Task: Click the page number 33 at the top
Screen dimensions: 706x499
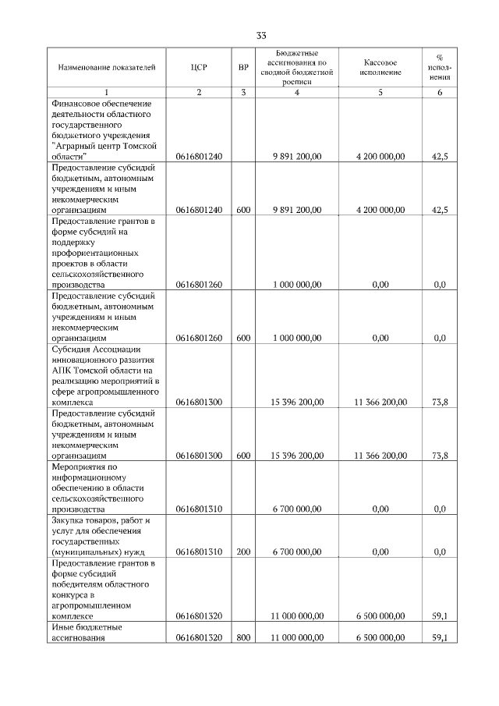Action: click(x=260, y=36)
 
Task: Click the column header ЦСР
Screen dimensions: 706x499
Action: click(x=199, y=68)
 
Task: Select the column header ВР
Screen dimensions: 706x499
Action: click(x=243, y=68)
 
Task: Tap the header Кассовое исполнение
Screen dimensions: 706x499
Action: click(x=380, y=68)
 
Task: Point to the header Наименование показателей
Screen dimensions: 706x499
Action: click(x=101, y=68)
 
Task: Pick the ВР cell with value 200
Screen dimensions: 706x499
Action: click(x=243, y=552)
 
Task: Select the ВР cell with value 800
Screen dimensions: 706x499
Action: click(x=243, y=637)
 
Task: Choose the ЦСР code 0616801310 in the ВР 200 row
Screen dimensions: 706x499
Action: click(x=199, y=552)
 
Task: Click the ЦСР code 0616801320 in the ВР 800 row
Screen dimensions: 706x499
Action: click(x=199, y=637)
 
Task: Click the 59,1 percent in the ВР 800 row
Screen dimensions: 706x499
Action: click(x=439, y=637)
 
